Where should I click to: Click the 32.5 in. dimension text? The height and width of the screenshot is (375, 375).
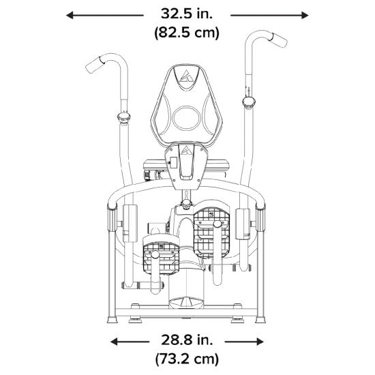coord(187,14)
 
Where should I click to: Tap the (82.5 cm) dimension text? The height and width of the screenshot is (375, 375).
coord(187,32)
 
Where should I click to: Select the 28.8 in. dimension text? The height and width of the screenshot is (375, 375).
coord(187,340)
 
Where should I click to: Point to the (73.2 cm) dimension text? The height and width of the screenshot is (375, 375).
coord(187,359)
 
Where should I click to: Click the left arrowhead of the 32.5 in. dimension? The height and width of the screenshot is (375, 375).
coord(70,16)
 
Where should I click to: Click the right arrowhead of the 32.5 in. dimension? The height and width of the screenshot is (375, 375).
coord(305,16)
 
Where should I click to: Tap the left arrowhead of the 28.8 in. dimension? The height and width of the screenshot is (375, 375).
coord(114,342)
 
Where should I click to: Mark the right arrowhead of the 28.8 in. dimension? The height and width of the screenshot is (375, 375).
coord(260,342)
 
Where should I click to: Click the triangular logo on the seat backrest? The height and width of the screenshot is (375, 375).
coord(186,76)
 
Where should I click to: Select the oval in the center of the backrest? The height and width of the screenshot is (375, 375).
coord(187,118)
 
